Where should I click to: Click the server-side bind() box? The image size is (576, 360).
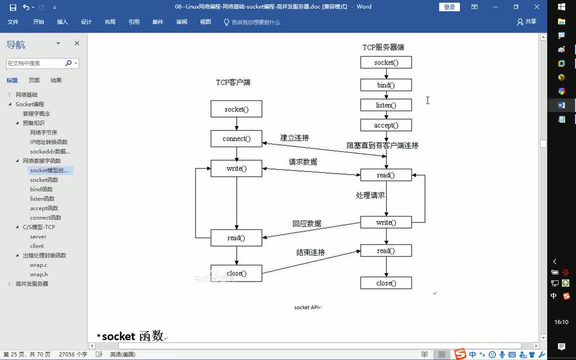pyautogui.click(x=386, y=85)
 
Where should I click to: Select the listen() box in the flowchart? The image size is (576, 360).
pyautogui.click(x=386, y=105)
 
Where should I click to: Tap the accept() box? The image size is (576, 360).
pyautogui.click(x=386, y=125)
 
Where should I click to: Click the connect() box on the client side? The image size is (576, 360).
pyautogui.click(x=236, y=138)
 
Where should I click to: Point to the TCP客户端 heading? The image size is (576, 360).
pyautogui.click(x=233, y=82)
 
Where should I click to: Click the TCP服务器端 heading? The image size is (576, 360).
pyautogui.click(x=383, y=47)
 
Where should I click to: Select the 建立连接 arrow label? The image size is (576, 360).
pyautogui.click(x=294, y=137)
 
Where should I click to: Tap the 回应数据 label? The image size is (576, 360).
pyautogui.click(x=307, y=223)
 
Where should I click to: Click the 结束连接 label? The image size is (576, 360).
pyautogui.click(x=310, y=252)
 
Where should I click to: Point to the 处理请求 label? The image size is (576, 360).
pyautogui.click(x=370, y=195)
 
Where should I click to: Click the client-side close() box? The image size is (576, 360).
pyautogui.click(x=236, y=273)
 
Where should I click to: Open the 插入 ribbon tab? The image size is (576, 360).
pyautogui.click(x=62, y=22)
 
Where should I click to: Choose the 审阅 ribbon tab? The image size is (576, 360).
pyautogui.click(x=181, y=22)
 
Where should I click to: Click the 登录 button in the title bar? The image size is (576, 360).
pyautogui.click(x=449, y=7)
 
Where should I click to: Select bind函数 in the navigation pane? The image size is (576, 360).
pyautogui.click(x=41, y=189)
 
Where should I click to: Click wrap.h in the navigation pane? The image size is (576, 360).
pyautogui.click(x=39, y=274)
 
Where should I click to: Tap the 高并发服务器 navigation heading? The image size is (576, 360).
pyautogui.click(x=32, y=284)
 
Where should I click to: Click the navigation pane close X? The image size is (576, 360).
pyautogui.click(x=77, y=43)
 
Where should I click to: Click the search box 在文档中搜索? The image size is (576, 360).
pyautogui.click(x=35, y=63)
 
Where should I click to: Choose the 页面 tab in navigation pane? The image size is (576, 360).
pyautogui.click(x=34, y=80)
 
